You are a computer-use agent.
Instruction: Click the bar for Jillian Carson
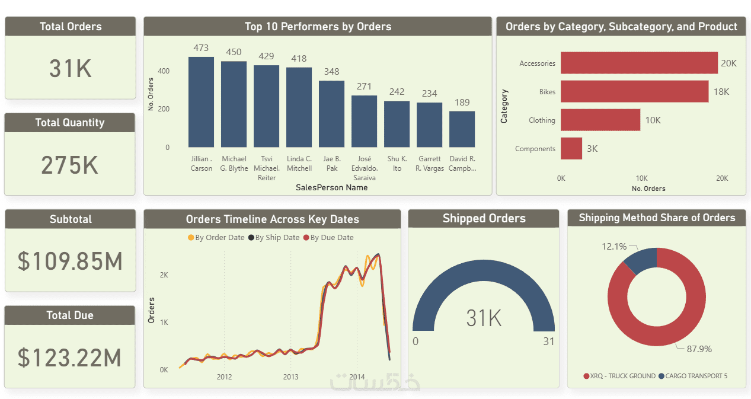coord(201,102)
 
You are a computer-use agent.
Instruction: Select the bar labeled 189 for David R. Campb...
coord(462,129)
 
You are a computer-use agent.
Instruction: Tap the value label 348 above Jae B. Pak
coord(332,72)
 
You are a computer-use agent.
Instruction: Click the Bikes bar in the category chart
coord(634,91)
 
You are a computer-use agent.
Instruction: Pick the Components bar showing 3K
coord(571,148)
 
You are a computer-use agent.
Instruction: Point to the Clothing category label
coord(542,120)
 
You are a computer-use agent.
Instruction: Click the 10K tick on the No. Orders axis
coord(641,178)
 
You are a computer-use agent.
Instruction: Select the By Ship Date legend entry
coord(274,238)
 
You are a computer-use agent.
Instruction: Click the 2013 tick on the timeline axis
coord(290,377)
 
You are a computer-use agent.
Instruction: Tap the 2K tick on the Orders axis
coord(164,275)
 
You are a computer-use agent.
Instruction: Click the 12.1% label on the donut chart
coord(614,246)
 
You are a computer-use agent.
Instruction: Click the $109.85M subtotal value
coord(70,261)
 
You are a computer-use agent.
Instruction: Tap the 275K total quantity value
coord(70,165)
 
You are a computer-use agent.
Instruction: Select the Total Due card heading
coord(70,315)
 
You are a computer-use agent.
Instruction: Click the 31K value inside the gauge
coord(484,318)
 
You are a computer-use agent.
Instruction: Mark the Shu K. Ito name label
coord(397,164)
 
